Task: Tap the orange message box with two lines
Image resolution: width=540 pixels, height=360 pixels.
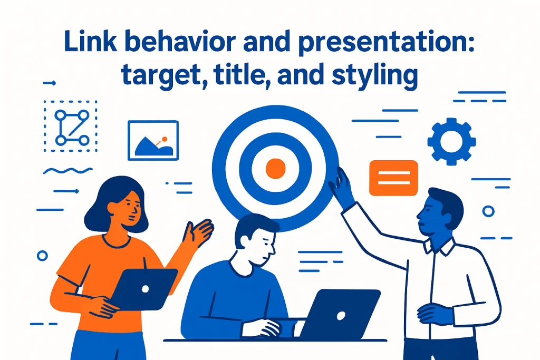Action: (394, 178)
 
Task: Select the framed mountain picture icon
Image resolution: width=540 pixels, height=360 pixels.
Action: (153, 140)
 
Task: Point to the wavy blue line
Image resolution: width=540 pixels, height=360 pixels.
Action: (67, 171)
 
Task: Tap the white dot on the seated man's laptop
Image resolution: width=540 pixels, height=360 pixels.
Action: (341, 315)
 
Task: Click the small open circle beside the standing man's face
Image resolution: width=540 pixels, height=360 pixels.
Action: (488, 211)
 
